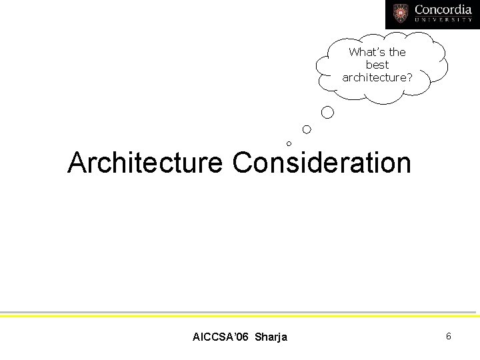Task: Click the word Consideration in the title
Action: (322, 163)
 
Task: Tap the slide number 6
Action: (449, 336)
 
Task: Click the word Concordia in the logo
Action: (443, 10)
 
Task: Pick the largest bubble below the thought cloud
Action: (327, 113)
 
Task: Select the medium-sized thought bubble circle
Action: (307, 129)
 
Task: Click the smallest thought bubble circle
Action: (289, 143)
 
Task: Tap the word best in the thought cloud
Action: (377, 65)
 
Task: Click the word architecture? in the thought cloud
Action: (377, 77)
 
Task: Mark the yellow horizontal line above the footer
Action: (240, 316)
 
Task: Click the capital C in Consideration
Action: (243, 163)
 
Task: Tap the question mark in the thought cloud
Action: (409, 77)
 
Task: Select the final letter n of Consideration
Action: (404, 164)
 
